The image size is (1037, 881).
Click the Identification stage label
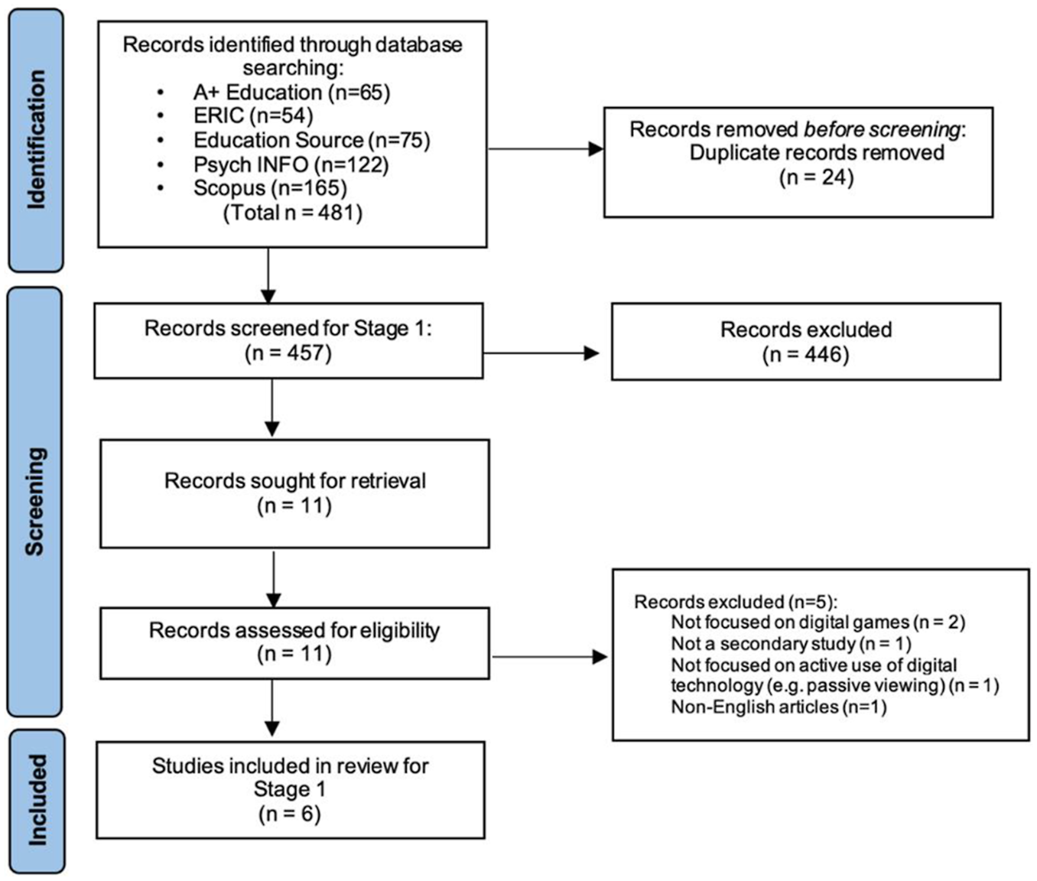point(36,139)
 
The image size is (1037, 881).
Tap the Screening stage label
point(35,502)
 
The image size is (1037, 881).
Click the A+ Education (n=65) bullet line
point(291,93)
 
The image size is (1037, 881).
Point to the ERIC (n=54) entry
point(253,116)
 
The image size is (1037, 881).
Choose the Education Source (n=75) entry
point(311,140)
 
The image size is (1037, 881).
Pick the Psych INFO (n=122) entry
point(291,164)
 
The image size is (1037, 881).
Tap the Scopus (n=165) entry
point(271,188)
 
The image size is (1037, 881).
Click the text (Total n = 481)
point(293,213)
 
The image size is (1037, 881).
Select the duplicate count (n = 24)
point(816,177)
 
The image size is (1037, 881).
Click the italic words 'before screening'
point(883,129)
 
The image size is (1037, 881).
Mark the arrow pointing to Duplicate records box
point(546,149)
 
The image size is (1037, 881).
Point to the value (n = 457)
point(288,353)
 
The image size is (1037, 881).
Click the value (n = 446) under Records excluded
point(806,355)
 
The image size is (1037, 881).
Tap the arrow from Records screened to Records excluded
point(541,353)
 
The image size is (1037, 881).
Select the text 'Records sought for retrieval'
point(295,480)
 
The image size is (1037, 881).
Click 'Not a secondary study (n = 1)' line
point(792,643)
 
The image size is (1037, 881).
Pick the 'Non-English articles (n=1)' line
point(779,707)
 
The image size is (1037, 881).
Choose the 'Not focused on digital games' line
point(818,622)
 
